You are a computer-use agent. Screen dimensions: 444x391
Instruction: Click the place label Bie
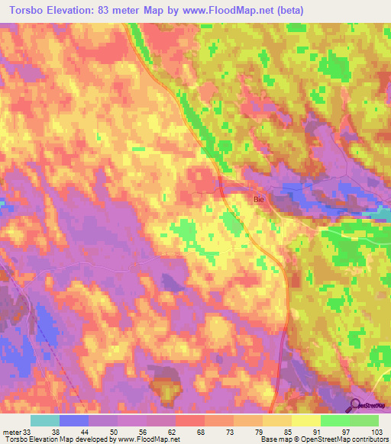(x=258, y=198)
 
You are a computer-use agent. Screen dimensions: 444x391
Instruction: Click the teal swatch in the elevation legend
(x=45, y=420)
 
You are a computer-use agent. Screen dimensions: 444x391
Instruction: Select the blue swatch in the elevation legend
(x=74, y=420)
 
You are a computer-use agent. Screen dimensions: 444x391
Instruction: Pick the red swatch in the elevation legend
(x=190, y=420)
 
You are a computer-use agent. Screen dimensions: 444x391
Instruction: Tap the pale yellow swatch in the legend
(x=306, y=420)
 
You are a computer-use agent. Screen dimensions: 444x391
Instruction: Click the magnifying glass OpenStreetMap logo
(x=354, y=405)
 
